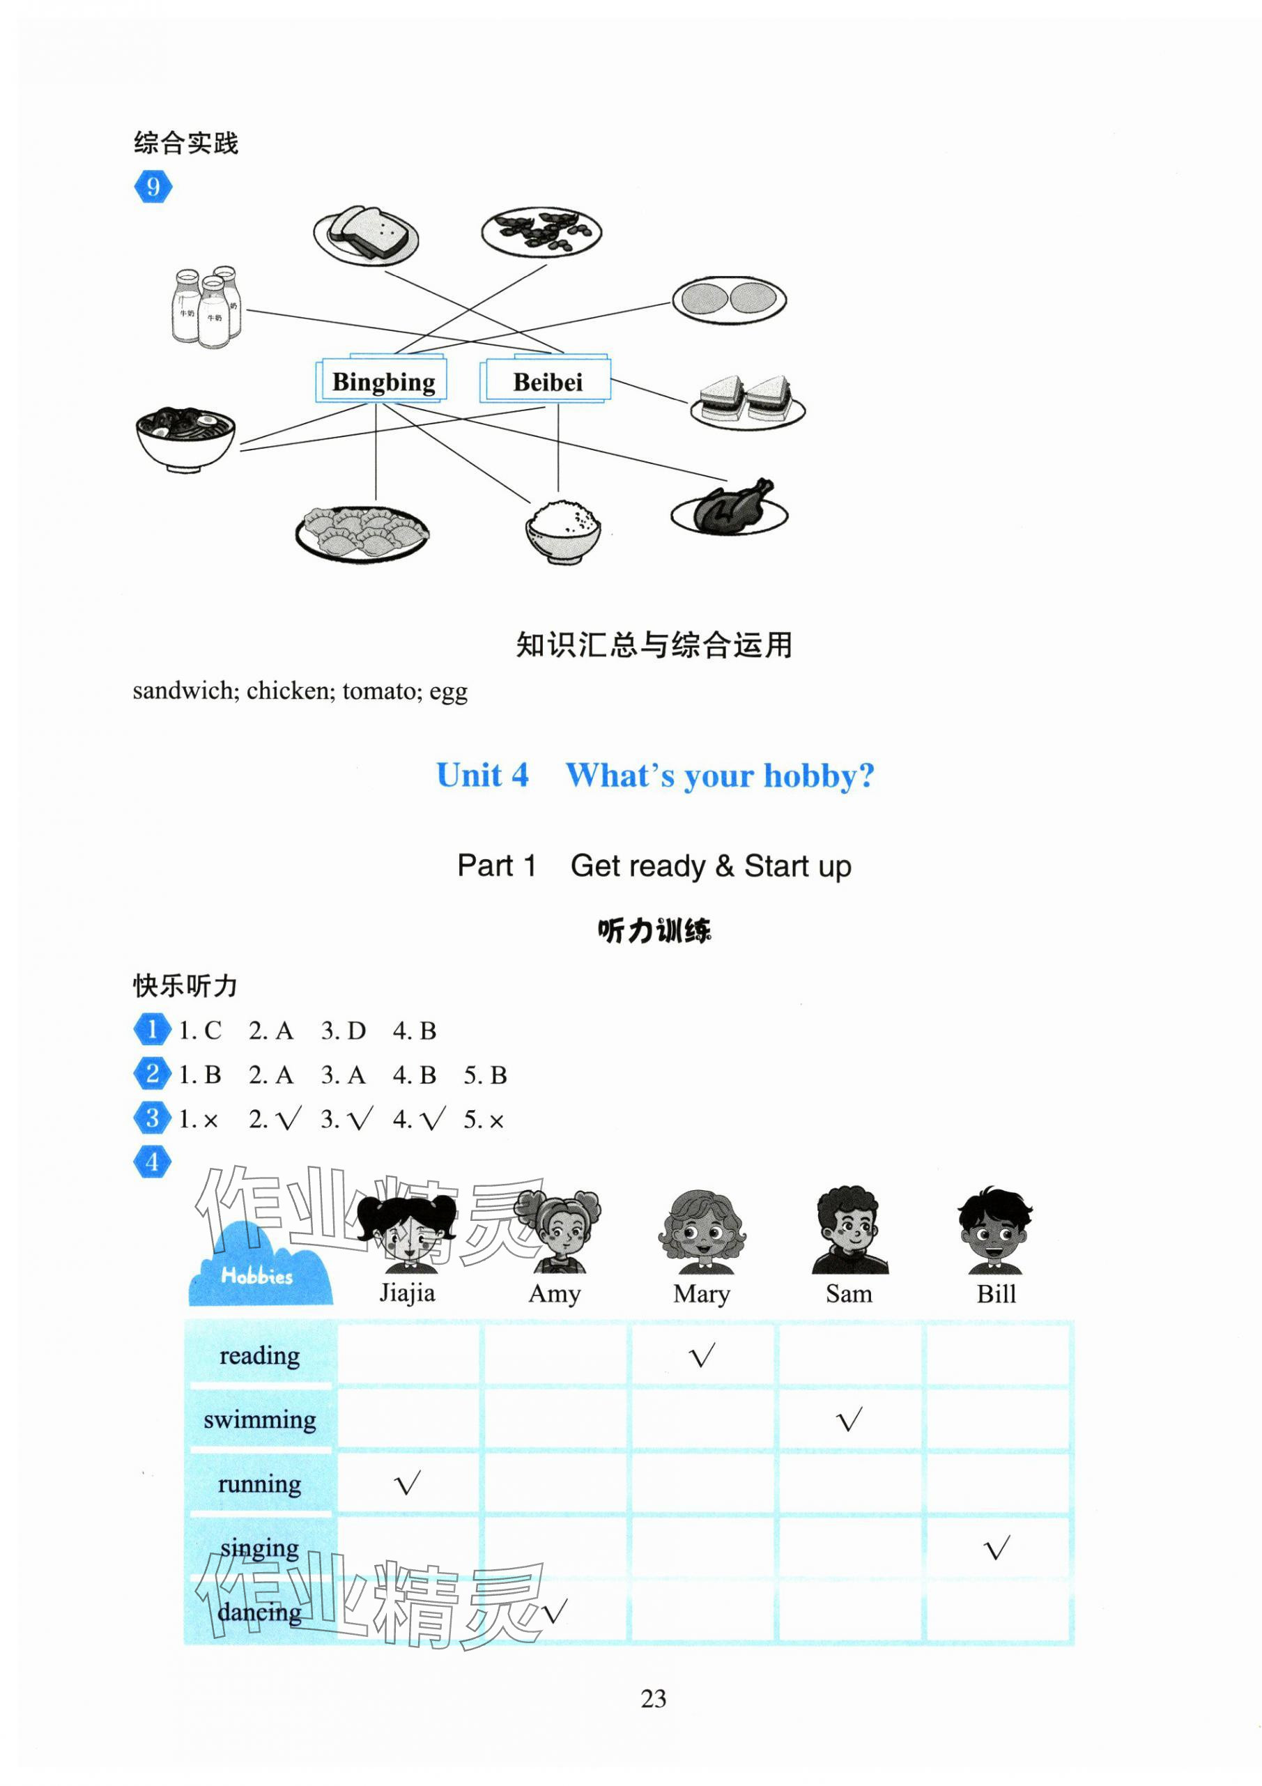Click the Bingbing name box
tap(383, 381)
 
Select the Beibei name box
tap(547, 381)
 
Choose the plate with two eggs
tap(729, 300)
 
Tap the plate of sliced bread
tap(367, 234)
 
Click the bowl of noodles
tap(185, 437)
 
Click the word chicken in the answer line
tap(287, 691)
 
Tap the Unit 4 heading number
tap(482, 776)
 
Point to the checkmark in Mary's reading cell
tap(702, 1357)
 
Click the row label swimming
tap(260, 1419)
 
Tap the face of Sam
tap(849, 1228)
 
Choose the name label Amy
tap(554, 1293)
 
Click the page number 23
tap(653, 1699)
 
